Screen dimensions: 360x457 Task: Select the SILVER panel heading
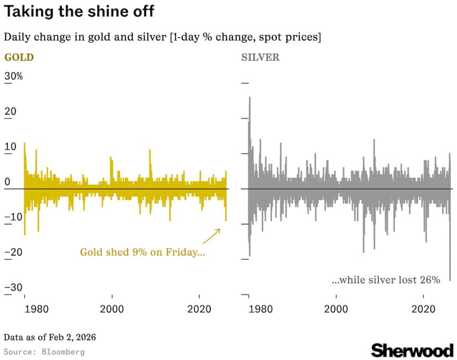tap(261, 57)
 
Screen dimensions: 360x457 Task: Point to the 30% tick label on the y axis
tap(13, 76)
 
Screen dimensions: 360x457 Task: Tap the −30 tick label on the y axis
tap(13, 287)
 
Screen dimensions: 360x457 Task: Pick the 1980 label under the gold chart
tap(25, 308)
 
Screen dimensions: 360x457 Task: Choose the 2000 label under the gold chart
tap(112, 308)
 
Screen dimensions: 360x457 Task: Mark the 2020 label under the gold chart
tap(200, 308)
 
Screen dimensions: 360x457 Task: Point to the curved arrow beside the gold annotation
tap(211, 236)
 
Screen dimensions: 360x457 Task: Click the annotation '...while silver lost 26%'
tap(386, 280)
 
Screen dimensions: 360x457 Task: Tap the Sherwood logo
tap(412, 350)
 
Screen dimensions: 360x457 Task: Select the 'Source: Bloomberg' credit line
tap(44, 352)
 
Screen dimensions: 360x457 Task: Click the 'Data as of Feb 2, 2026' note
tap(45, 337)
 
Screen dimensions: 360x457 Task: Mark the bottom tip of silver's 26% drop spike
tap(450, 280)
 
